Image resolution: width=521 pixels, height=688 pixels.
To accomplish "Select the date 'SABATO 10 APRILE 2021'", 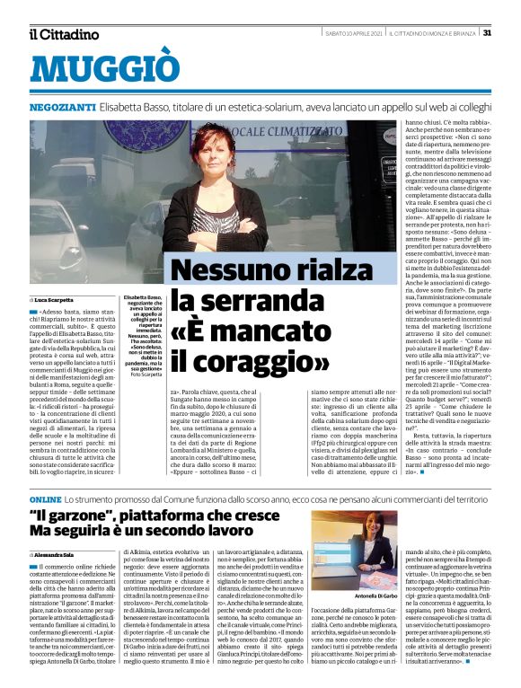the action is pos(355,33).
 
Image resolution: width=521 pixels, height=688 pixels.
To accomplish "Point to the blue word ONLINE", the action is pos(45,498).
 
